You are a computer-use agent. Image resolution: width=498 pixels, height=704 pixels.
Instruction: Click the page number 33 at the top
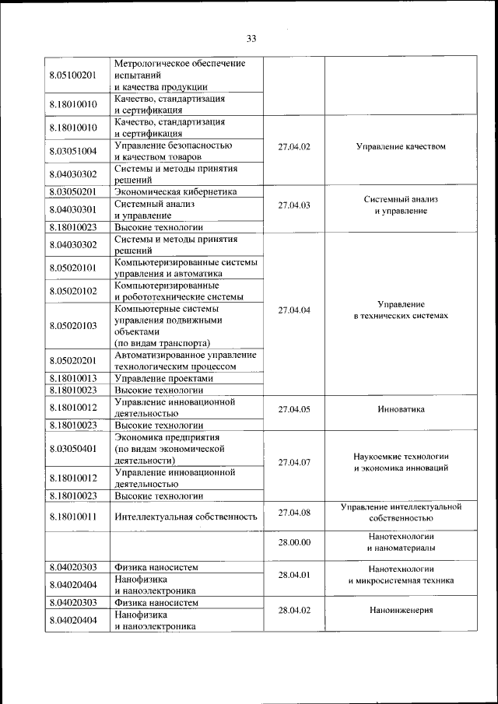click(251, 39)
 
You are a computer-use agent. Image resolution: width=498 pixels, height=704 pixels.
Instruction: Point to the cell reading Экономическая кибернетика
click(176, 191)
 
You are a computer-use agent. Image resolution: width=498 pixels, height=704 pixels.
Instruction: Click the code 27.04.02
click(294, 146)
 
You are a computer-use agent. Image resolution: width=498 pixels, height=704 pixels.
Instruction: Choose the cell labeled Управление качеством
click(401, 146)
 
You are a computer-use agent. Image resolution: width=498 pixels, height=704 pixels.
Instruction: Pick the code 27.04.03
click(294, 205)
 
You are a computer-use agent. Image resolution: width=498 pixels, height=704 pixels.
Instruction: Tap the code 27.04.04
click(294, 310)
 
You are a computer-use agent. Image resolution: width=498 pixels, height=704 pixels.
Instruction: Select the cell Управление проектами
click(163, 378)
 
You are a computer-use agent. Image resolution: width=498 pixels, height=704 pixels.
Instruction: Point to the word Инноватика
click(401, 408)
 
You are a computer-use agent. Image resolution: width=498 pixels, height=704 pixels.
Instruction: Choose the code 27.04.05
click(294, 408)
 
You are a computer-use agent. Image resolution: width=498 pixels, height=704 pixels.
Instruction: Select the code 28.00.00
click(294, 542)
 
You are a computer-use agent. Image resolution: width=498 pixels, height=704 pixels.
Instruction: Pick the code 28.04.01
click(294, 575)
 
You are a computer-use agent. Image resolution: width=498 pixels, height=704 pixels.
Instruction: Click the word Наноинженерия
click(401, 611)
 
